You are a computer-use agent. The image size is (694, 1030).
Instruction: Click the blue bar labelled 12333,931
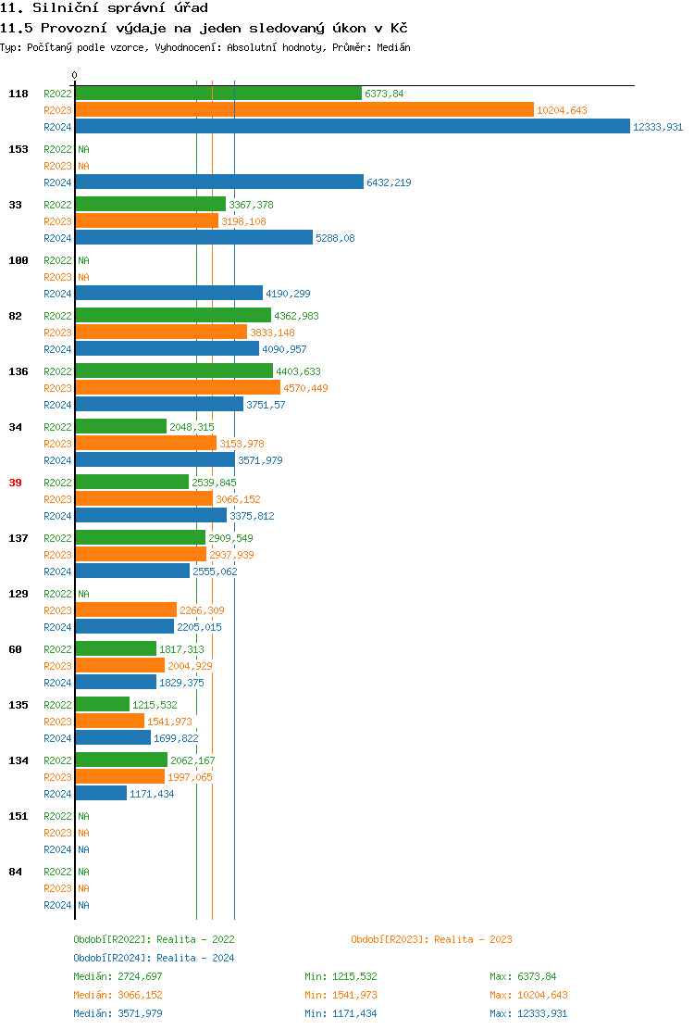352,127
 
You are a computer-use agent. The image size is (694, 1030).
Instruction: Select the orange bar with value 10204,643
304,110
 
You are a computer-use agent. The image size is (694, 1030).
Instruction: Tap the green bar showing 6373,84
218,94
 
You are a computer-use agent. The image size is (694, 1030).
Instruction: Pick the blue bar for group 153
219,182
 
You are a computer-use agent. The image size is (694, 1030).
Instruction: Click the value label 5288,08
335,238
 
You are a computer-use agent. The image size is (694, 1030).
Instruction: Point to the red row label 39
16,483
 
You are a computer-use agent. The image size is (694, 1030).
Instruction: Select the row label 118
19,94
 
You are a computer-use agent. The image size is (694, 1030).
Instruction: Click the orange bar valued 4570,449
178,388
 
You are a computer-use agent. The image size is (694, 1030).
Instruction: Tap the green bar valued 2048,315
121,427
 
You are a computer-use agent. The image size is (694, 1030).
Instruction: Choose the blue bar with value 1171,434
101,794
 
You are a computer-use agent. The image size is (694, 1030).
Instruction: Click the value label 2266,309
202,610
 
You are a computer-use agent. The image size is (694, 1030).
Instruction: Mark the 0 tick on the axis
75,75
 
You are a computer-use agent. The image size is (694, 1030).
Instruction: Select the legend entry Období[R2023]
431,939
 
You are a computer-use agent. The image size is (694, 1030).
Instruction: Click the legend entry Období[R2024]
154,958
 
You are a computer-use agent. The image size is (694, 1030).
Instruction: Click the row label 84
16,872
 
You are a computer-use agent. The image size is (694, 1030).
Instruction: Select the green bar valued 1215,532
103,705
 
